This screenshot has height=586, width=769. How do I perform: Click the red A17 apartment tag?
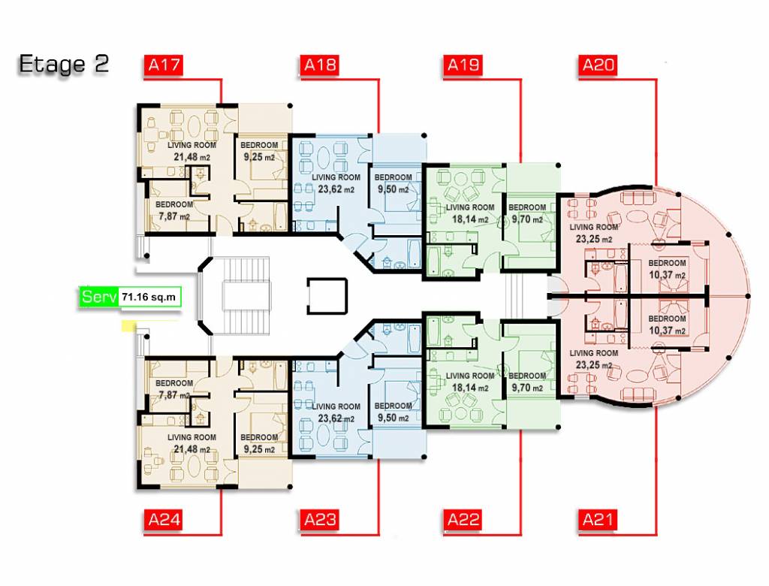tap(163, 65)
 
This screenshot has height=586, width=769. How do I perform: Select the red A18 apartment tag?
tap(320, 65)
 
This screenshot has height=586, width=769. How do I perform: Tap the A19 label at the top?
tap(463, 65)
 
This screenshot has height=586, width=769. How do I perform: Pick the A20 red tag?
tap(598, 65)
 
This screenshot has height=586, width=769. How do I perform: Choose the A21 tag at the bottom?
tap(598, 520)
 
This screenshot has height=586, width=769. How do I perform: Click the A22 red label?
tap(463, 520)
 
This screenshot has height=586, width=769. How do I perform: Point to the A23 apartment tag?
tap(320, 520)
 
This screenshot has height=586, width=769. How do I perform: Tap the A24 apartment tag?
tap(163, 520)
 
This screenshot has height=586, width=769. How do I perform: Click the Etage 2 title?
tap(63, 65)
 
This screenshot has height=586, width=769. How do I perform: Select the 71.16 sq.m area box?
tap(149, 297)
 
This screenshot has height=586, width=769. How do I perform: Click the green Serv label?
tap(98, 297)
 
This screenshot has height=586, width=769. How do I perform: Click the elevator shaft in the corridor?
tap(327, 296)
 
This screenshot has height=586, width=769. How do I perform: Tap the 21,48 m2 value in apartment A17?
tap(191, 157)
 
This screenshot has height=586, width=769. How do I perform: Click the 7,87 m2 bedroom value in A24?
tap(173, 394)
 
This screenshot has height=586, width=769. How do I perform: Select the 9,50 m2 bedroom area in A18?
tap(393, 189)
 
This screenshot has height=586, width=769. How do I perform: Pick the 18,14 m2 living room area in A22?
tap(470, 388)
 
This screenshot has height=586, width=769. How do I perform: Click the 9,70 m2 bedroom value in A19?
tap(527, 219)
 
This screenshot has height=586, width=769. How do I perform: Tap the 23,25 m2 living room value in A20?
tap(594, 239)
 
